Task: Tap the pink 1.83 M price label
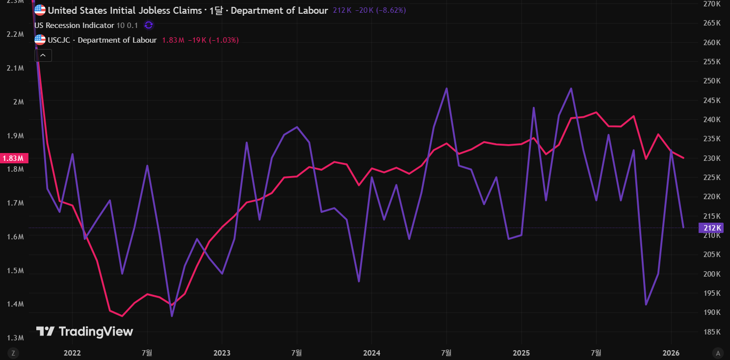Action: [14, 158]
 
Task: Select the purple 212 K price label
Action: [711, 228]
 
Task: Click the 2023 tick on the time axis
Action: [222, 353]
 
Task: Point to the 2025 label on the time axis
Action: [521, 353]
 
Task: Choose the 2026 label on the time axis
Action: [671, 353]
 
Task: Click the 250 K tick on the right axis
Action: [712, 81]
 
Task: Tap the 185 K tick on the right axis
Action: [712, 332]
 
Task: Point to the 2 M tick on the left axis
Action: [18, 102]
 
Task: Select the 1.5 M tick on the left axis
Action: [15, 271]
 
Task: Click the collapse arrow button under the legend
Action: [43, 55]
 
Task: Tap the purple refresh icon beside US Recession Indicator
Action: [149, 25]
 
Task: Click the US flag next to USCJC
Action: [40, 40]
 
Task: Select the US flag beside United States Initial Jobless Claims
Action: [40, 10]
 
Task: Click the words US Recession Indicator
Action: [74, 26]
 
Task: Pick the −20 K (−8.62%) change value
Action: [380, 10]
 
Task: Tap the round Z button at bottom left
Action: [13, 353]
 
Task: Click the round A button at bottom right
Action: [718, 353]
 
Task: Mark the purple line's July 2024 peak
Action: [446, 88]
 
